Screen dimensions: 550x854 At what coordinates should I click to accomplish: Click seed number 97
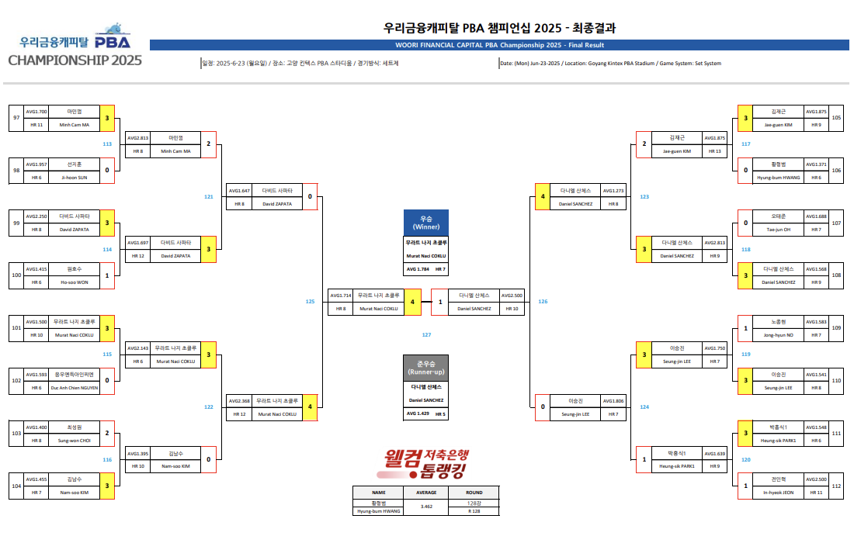(x=16, y=118)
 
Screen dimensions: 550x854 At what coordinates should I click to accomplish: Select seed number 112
(x=836, y=486)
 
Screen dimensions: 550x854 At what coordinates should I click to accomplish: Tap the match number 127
(x=426, y=334)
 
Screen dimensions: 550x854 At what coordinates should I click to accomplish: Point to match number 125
(x=311, y=301)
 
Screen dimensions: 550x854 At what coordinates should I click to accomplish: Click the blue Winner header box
(x=426, y=222)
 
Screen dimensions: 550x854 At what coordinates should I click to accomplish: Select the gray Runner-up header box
(x=426, y=368)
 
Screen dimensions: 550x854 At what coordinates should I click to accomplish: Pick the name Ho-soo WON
(x=75, y=282)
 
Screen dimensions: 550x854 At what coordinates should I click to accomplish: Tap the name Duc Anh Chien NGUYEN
(x=75, y=387)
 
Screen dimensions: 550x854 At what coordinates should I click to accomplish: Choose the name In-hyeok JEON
(x=778, y=493)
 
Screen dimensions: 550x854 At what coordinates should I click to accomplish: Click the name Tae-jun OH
(x=778, y=230)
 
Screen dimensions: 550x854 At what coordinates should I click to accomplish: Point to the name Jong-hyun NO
(x=778, y=334)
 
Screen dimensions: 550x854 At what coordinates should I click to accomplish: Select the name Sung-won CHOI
(x=75, y=440)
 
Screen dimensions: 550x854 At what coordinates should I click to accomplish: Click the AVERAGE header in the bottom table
(x=426, y=492)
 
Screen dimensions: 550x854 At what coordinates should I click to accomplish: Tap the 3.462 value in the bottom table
(x=426, y=507)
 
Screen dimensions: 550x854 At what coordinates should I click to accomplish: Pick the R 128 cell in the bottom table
(x=474, y=511)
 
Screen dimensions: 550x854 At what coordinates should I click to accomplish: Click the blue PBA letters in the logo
(x=113, y=41)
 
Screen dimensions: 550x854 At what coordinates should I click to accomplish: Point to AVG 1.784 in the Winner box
(x=418, y=269)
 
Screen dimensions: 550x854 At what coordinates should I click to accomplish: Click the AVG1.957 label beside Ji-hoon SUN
(x=37, y=164)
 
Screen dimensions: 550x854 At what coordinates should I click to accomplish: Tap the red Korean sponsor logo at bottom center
(x=426, y=463)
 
